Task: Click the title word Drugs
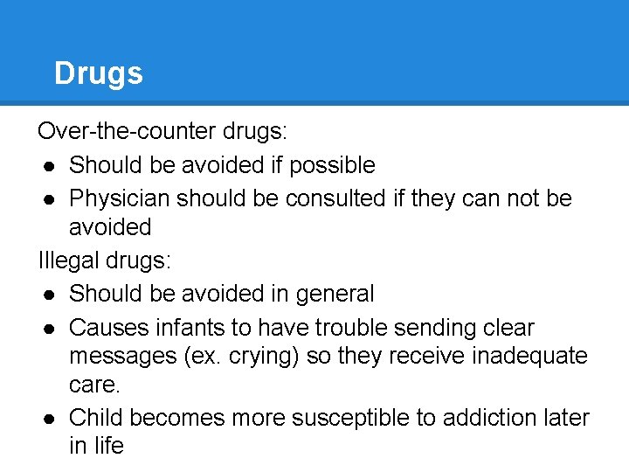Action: [x=98, y=73]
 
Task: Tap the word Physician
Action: [x=120, y=198]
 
